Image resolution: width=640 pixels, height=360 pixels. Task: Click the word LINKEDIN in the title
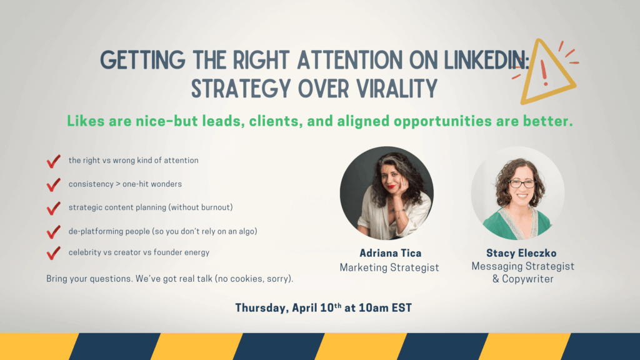486,60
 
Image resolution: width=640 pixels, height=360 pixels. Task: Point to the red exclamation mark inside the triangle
544,72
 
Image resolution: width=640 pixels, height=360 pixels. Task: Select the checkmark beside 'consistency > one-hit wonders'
53,185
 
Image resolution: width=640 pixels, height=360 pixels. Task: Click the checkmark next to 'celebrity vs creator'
53,253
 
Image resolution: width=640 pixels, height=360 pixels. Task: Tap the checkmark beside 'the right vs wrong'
53,161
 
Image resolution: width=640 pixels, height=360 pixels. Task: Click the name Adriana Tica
390,253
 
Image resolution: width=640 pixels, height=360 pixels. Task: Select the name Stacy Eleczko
521,253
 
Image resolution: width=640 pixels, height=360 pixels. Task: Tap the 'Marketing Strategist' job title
389,267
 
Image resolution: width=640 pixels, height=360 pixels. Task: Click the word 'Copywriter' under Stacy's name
527,279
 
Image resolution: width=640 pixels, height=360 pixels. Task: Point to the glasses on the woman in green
521,184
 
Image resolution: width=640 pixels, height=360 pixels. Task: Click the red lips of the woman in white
391,187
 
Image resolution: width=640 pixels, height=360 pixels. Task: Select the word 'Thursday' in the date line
261,307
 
